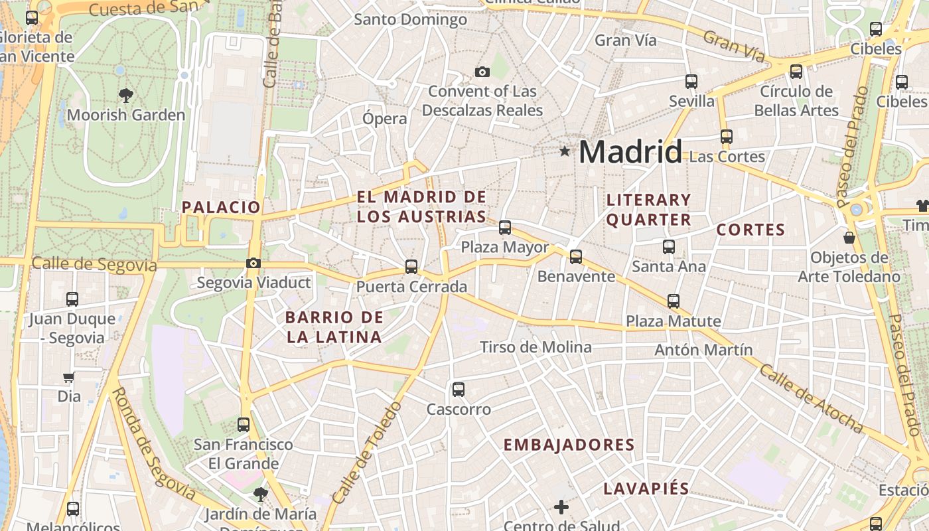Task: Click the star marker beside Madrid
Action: pos(565,151)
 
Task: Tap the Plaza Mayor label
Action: pos(505,248)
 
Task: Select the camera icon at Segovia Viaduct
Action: pos(253,263)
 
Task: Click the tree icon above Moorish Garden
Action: pos(125,96)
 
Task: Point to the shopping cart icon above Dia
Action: pos(68,378)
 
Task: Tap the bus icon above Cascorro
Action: pos(458,390)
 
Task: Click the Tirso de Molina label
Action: pos(536,347)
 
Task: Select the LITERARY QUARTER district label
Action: pos(649,210)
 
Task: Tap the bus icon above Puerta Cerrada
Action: pos(411,267)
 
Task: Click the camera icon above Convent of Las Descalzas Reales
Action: pos(482,72)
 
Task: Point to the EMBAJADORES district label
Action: pos(569,445)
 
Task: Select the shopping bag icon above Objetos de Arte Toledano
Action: pos(849,237)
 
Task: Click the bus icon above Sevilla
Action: pos(691,82)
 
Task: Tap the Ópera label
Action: pos(384,119)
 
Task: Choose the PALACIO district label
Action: pos(221,207)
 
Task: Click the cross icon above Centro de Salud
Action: pos(561,507)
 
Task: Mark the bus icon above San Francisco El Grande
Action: pos(244,424)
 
